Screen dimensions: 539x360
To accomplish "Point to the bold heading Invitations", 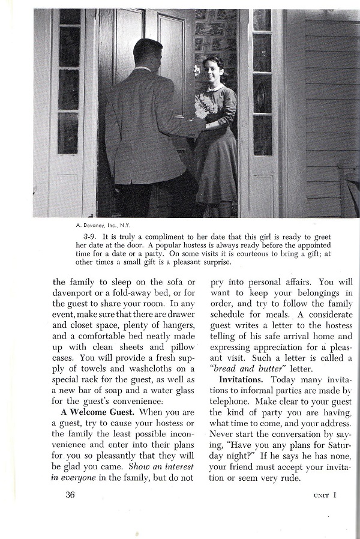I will (242, 379).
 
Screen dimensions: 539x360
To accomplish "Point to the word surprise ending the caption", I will (217, 262).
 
